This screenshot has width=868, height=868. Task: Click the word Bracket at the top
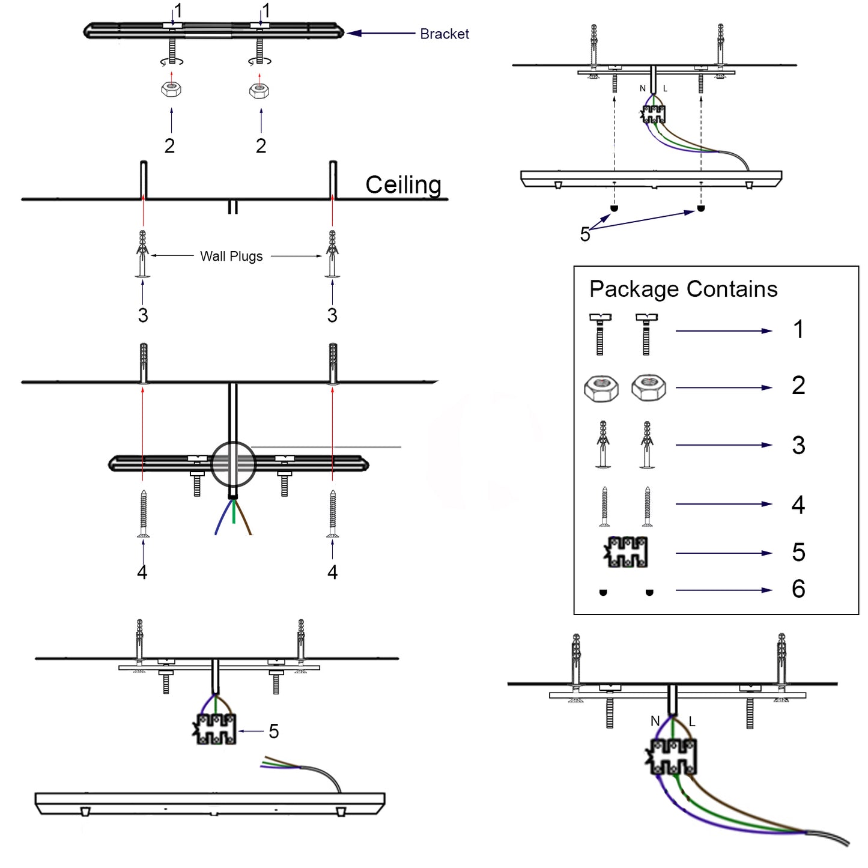pos(444,34)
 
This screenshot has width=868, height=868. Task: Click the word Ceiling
pos(403,185)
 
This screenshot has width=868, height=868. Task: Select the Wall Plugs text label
pos(231,256)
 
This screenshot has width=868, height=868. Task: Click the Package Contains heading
pos(683,290)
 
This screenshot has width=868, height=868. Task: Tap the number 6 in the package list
pos(798,589)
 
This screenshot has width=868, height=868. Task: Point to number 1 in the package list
pos(798,330)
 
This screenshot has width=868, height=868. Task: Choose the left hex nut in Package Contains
pos(601,388)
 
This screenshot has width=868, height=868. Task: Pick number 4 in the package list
pos(798,505)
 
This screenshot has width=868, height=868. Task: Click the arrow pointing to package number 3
pos(724,445)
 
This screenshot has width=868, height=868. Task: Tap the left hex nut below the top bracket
pos(171,90)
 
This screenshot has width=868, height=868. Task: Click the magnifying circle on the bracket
pos(233,464)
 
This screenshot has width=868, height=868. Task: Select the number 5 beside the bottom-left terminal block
pos(274,732)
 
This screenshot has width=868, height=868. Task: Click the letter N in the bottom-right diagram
pos(655,721)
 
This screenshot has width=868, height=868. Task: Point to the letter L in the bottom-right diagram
pos(692,722)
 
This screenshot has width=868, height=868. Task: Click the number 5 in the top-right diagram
pos(585,235)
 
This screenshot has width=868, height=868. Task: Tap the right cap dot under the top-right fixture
pos(700,208)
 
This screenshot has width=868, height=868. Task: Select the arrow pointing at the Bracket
pos(381,34)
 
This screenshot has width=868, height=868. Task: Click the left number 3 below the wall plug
pos(143,315)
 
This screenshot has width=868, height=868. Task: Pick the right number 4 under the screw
pos(332,572)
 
